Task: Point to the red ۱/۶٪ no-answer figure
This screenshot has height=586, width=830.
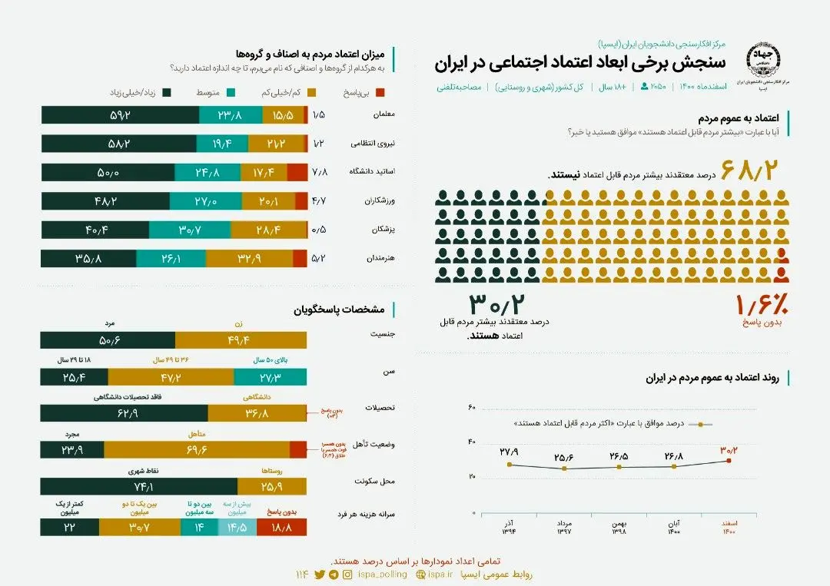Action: [x=762, y=304]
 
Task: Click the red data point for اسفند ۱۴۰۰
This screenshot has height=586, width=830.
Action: [x=729, y=461]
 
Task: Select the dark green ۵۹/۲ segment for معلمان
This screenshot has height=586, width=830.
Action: [x=120, y=114]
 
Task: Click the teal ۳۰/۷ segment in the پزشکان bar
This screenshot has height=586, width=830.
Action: [x=189, y=230]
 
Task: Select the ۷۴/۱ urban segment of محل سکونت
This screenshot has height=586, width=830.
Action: [x=138, y=486]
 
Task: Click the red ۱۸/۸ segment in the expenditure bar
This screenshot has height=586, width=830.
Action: [x=277, y=527]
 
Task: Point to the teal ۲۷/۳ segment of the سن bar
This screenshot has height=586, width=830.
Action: [x=270, y=376]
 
